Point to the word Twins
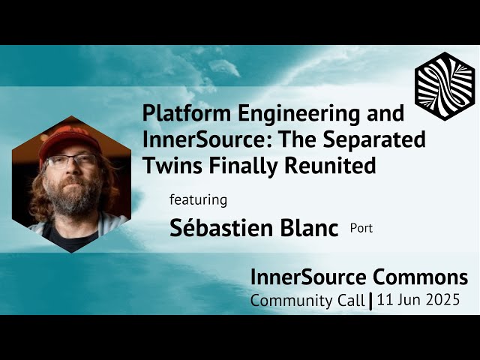click(x=169, y=166)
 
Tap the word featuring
click(x=198, y=200)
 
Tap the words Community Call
click(x=307, y=301)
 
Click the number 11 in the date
click(x=385, y=301)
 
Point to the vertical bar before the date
click(x=371, y=301)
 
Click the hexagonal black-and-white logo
click(x=445, y=86)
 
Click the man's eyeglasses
click(x=71, y=160)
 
